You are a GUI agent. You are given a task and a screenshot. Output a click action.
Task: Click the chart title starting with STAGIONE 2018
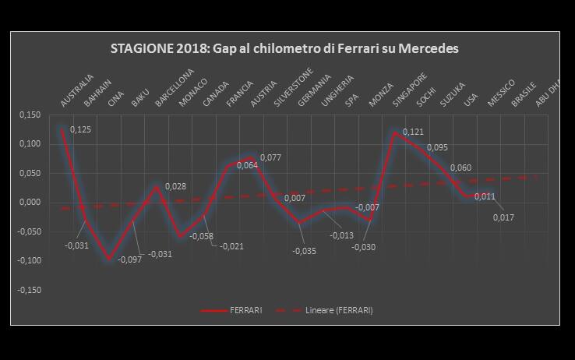(284, 48)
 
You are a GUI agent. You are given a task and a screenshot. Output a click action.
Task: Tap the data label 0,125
(80, 129)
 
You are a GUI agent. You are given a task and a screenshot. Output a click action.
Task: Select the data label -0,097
(129, 259)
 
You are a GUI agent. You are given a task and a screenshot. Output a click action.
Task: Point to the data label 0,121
(413, 132)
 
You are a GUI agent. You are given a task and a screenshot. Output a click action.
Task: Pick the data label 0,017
(504, 217)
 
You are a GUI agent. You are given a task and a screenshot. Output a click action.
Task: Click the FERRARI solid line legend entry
(231, 310)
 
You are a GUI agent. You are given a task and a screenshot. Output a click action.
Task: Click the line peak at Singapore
(396, 132)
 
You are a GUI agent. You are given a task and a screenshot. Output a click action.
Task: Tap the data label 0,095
(437, 147)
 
